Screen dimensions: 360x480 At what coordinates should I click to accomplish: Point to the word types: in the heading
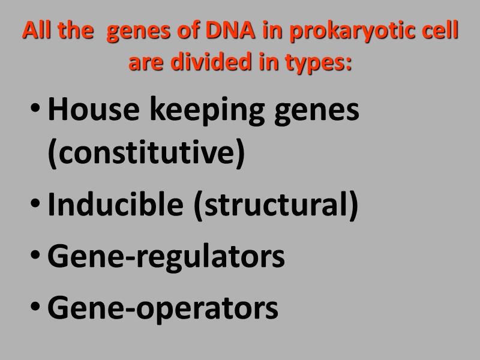coord(321,63)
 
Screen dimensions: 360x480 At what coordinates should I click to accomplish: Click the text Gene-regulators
coord(166,257)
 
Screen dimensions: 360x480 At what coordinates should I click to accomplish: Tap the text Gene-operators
coord(163,308)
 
